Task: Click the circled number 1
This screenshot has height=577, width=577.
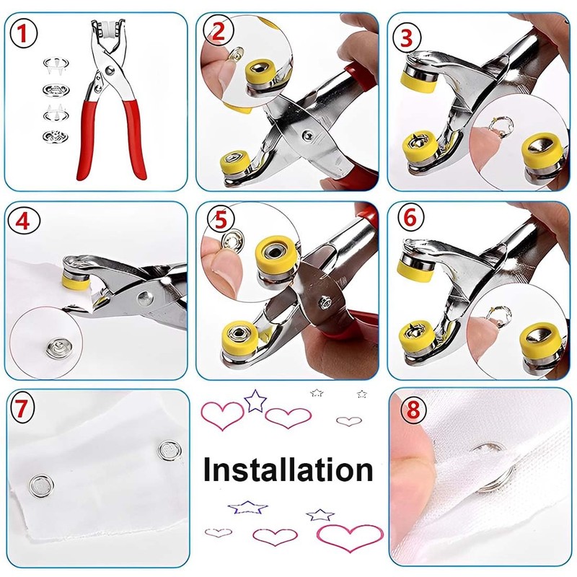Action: pyautogui.click(x=26, y=33)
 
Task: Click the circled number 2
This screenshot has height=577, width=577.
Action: pyautogui.click(x=219, y=30)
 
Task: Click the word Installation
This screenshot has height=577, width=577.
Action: pyautogui.click(x=288, y=470)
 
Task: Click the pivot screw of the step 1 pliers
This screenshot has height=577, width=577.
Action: pyautogui.click(x=109, y=71)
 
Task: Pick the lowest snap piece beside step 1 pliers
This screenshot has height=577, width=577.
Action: pyautogui.click(x=53, y=135)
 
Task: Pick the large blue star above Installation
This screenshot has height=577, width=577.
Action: pyautogui.click(x=255, y=400)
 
